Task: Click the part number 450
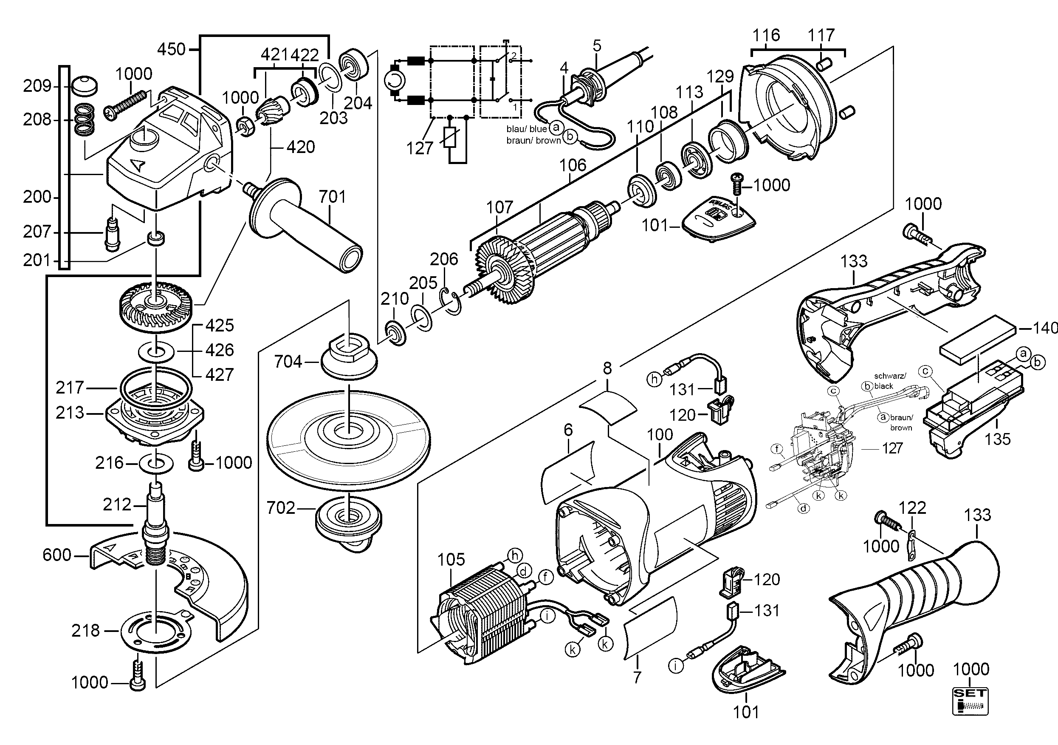(x=171, y=49)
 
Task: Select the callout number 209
(x=37, y=86)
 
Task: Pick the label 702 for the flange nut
(x=281, y=508)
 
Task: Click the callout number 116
(x=766, y=35)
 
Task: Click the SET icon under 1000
(x=971, y=702)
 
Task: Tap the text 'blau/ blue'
(x=526, y=129)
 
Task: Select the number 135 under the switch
(x=998, y=439)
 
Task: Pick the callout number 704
(x=288, y=362)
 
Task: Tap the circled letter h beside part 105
(x=515, y=555)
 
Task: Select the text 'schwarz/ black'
(x=889, y=381)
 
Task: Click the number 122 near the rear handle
(x=912, y=507)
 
